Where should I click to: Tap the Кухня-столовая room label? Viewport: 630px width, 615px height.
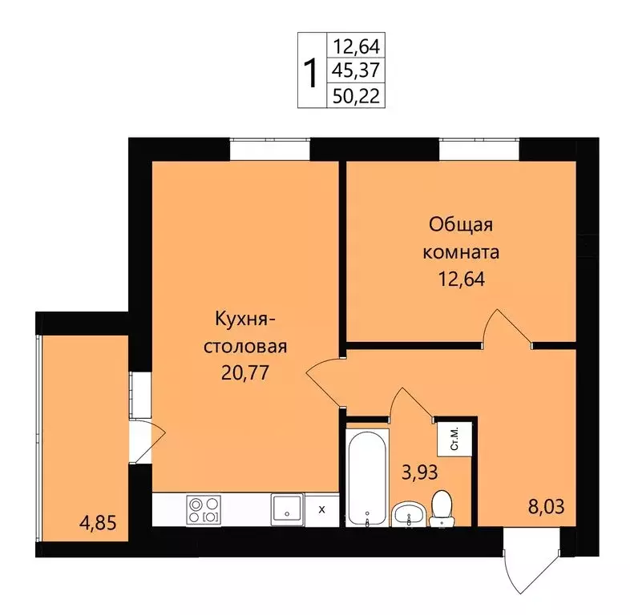246,332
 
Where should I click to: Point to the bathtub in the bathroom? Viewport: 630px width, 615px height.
366,477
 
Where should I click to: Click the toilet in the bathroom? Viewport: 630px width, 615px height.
442,509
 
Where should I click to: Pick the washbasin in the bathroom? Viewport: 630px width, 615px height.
409,514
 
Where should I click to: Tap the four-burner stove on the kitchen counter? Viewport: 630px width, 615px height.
204,509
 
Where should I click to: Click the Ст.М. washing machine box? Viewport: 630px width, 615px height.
454,439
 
